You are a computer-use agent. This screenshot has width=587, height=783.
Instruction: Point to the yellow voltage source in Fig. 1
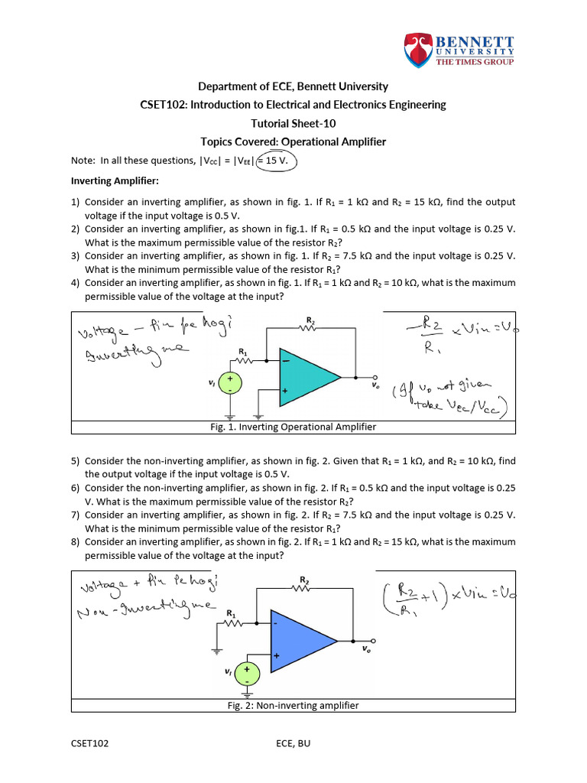(228, 383)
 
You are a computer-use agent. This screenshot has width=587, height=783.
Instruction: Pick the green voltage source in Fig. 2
(247, 673)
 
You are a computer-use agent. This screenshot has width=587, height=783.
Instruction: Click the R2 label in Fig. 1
(310, 320)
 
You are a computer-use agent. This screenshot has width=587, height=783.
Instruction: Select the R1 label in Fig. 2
(231, 612)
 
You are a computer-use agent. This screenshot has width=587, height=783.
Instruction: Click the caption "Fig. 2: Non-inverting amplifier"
(293, 705)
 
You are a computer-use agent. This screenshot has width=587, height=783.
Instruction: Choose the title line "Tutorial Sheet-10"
(293, 123)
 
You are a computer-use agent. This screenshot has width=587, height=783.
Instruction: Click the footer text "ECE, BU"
(293, 743)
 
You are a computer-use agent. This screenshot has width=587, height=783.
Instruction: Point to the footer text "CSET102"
(90, 743)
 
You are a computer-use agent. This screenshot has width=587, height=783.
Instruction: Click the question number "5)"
(75, 461)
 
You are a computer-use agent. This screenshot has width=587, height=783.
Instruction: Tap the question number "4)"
(75, 282)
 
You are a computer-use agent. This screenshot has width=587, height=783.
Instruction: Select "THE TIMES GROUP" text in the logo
(475, 61)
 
